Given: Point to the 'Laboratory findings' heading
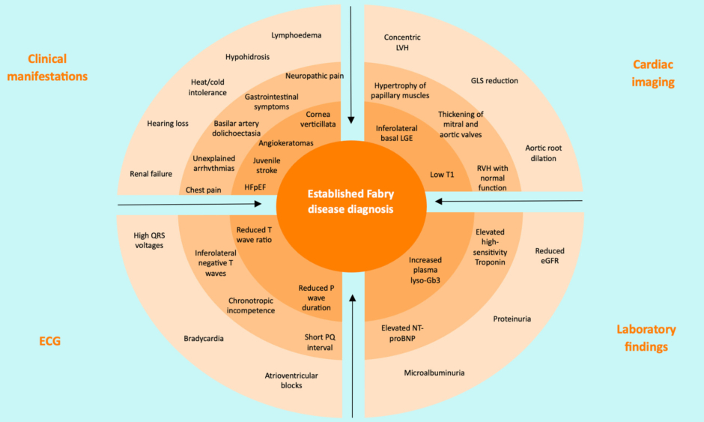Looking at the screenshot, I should pyautogui.click(x=646, y=337).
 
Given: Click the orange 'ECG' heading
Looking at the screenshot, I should pyautogui.click(x=49, y=341).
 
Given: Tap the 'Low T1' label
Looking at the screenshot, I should pyautogui.click(x=442, y=175).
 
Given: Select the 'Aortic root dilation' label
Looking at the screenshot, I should pyautogui.click(x=544, y=153).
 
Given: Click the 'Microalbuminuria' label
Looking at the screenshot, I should pyautogui.click(x=434, y=372).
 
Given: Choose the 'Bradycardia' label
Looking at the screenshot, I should pyautogui.click(x=204, y=339).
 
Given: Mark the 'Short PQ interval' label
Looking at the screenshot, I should pyautogui.click(x=320, y=342).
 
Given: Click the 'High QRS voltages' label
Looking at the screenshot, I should pyautogui.click(x=148, y=240).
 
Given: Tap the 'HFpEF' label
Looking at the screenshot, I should pyautogui.click(x=255, y=188).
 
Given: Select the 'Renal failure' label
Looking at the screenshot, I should pyautogui.click(x=151, y=174).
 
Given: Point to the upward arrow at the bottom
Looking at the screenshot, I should pyautogui.click(x=353, y=352).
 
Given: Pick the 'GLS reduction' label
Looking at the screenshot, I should pyautogui.click(x=494, y=80).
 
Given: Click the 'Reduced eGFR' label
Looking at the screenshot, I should pyautogui.click(x=550, y=256).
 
